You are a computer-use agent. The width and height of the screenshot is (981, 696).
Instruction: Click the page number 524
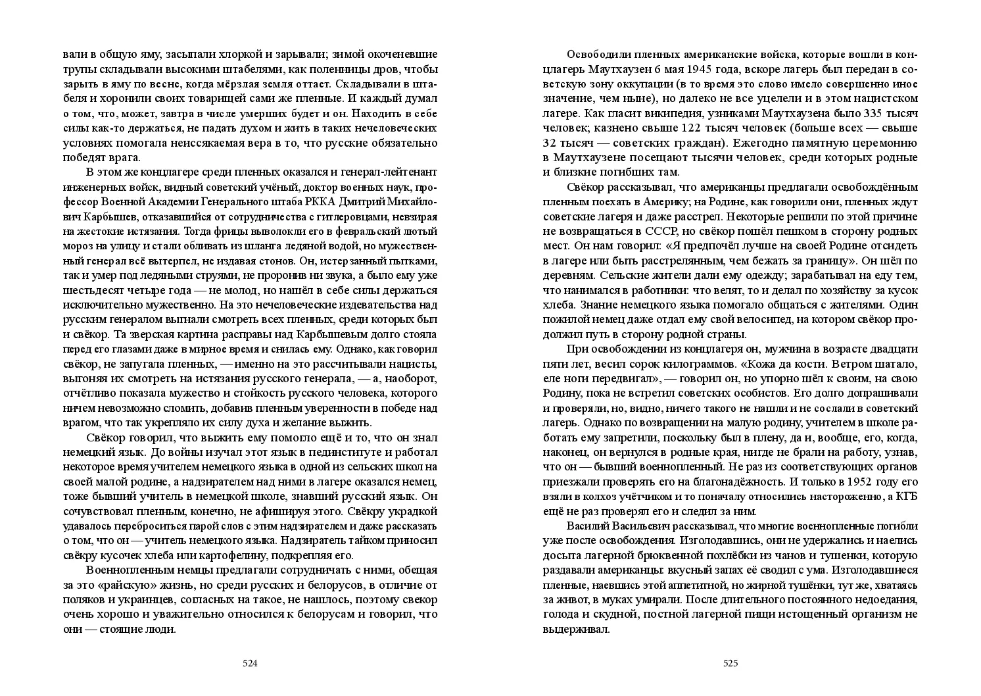250,663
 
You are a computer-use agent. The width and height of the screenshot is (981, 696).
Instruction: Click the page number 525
730,663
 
